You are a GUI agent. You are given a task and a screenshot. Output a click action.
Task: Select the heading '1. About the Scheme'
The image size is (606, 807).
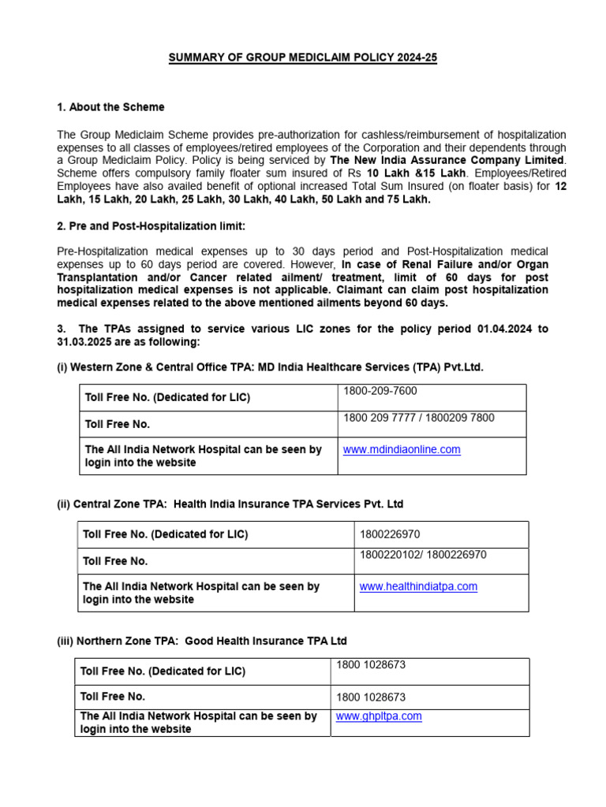(x=111, y=107)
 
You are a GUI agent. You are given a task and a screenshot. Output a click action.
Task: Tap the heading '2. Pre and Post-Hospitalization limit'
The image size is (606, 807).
(x=151, y=226)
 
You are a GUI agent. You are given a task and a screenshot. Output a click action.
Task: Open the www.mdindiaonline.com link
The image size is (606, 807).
(x=402, y=449)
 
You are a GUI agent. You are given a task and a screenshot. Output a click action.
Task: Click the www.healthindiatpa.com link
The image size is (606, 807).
(x=418, y=586)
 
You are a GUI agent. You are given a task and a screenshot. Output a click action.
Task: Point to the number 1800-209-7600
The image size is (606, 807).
(x=380, y=391)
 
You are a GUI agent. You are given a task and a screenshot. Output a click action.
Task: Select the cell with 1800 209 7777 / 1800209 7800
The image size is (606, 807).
(x=419, y=418)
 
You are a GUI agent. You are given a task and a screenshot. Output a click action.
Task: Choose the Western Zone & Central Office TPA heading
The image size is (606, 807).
(x=270, y=367)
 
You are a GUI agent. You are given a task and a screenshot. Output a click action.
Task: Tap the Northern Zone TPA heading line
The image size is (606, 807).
(x=202, y=641)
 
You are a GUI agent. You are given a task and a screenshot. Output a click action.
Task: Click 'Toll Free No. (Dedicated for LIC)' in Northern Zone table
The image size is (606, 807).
(x=163, y=671)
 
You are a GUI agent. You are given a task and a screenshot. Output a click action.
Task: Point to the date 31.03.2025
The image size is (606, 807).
(x=84, y=342)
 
